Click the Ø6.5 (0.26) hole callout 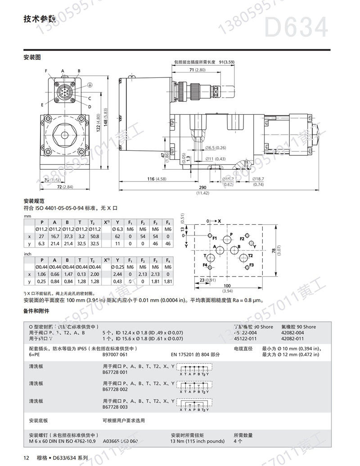(216, 148)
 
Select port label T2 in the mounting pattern (251, 255)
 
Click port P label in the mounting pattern (231, 235)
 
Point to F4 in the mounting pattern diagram (205, 265)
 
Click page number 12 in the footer (26, 458)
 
